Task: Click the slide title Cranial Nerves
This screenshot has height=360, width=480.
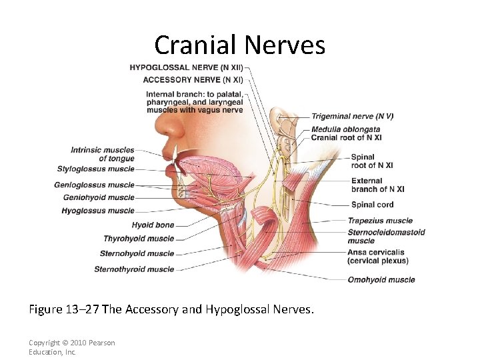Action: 240,45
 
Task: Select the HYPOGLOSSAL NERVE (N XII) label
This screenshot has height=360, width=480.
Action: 186,67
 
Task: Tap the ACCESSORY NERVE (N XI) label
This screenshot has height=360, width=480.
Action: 193,80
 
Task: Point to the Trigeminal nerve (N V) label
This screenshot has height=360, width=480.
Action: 352,116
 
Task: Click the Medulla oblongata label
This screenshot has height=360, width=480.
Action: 345,129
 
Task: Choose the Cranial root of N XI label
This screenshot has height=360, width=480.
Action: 346,137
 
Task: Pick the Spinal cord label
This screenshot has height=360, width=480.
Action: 372,205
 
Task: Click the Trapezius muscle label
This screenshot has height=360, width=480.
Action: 379,221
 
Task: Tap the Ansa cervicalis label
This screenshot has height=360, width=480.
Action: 375,253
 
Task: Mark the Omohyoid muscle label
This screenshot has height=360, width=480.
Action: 381,280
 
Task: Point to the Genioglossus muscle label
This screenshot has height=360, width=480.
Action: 94,185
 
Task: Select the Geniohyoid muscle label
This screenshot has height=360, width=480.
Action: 98,197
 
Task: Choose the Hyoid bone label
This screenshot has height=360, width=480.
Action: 153,225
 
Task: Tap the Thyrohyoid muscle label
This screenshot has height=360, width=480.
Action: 138,239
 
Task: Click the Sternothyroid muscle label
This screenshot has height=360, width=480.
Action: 133,269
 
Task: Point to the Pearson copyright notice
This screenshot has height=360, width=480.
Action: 71,347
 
